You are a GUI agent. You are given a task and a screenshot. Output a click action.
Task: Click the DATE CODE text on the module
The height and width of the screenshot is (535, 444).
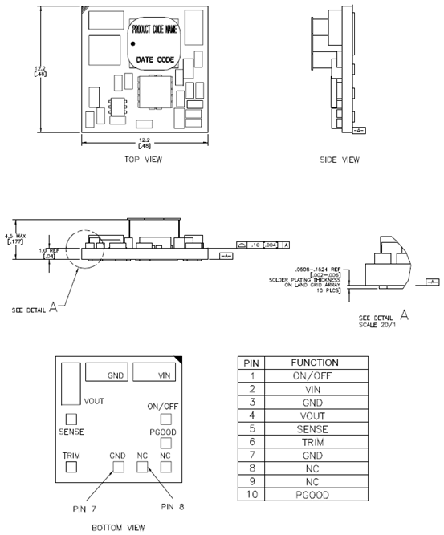[155, 59]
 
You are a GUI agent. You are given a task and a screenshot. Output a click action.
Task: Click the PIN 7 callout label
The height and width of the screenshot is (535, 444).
[81, 507]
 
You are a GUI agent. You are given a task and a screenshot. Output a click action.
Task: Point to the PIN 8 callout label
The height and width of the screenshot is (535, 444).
[173, 507]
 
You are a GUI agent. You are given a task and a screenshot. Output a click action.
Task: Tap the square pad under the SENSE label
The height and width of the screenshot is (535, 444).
[71, 418]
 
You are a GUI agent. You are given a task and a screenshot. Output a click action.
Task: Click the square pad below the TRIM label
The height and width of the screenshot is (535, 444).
[71, 464]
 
